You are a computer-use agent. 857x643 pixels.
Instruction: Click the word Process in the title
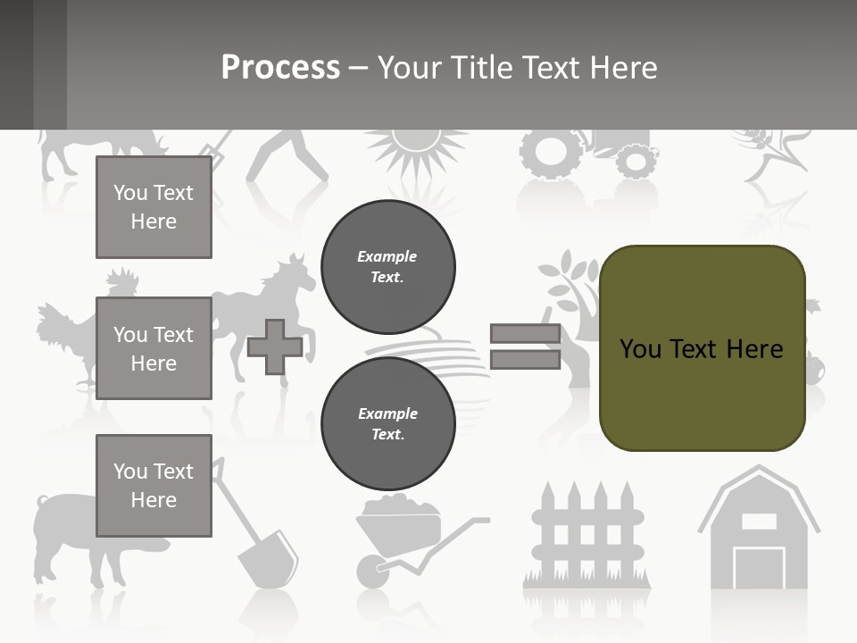280,68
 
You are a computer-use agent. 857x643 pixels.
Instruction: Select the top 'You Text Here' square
154,207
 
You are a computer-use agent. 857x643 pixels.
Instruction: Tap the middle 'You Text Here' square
154,348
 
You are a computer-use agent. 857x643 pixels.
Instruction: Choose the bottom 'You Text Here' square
154,485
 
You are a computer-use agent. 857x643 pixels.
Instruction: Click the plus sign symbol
274,347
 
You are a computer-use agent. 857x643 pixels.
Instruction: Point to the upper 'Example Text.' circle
387,266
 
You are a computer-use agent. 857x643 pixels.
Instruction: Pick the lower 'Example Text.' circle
387,423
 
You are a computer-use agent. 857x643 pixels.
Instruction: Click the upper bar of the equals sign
525,334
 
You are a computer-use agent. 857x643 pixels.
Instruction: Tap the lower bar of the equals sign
525,359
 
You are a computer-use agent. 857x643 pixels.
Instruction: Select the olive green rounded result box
702,348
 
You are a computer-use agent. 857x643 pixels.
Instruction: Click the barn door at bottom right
759,568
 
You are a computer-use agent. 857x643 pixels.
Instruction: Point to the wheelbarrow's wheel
370,569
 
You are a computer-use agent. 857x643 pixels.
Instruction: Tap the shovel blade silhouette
267,555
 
